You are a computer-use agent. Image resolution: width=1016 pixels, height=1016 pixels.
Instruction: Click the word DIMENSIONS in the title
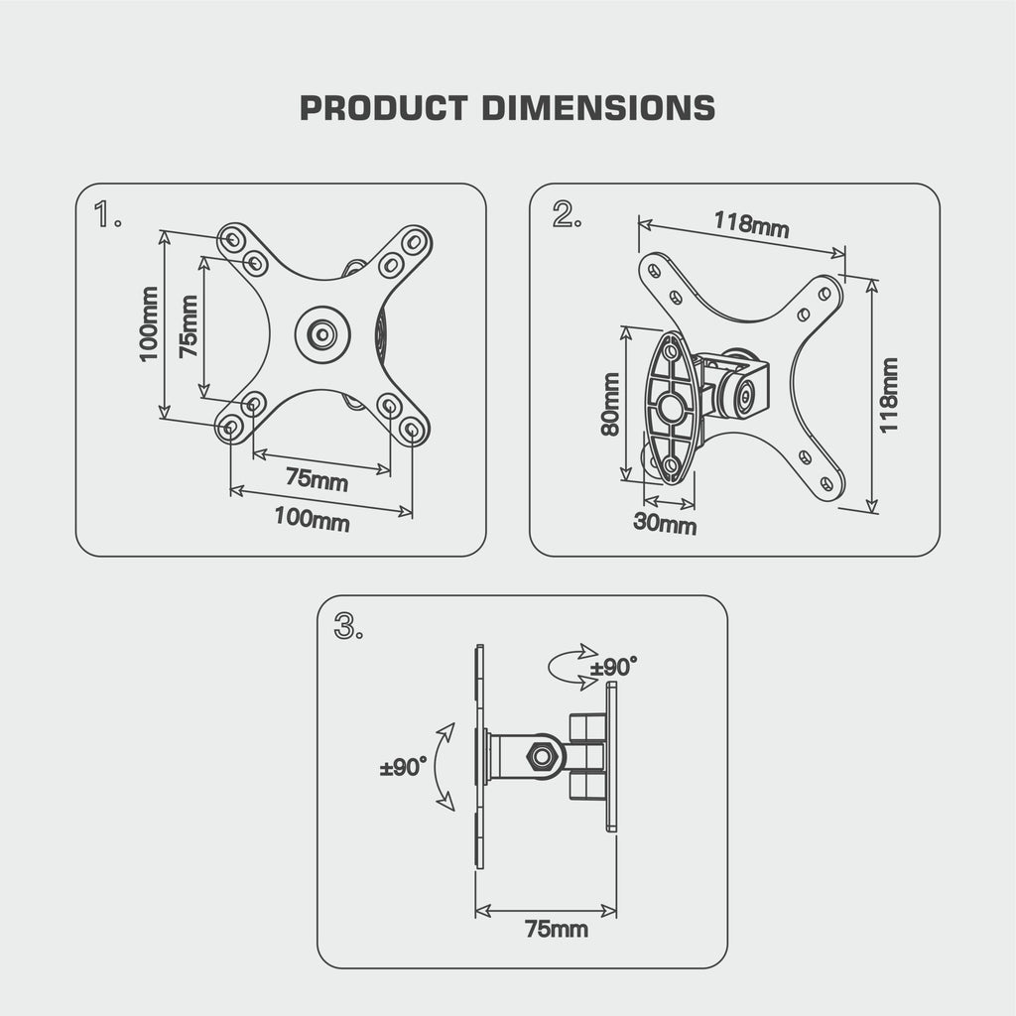click(598, 107)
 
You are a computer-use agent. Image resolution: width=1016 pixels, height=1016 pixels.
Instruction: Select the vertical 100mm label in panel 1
click(149, 324)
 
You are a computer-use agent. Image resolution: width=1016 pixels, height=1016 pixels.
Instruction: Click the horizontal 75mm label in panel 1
click(317, 478)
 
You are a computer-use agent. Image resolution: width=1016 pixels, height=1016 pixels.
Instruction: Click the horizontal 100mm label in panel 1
click(312, 517)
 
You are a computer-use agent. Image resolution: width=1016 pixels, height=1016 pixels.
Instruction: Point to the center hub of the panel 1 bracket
click(321, 333)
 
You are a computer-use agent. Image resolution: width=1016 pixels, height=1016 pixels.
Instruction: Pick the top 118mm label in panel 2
click(751, 225)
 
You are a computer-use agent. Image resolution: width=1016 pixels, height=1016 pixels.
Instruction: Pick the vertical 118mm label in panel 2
click(889, 394)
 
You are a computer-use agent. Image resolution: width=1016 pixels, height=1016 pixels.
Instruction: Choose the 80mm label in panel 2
click(609, 404)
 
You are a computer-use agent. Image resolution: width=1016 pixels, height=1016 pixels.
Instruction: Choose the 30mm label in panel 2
click(665, 523)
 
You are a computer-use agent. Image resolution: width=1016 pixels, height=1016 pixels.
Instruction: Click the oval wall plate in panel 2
click(671, 408)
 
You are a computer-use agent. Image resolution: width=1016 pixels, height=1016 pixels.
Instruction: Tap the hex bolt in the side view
click(542, 756)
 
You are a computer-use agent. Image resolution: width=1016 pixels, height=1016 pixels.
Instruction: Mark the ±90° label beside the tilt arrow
click(403, 768)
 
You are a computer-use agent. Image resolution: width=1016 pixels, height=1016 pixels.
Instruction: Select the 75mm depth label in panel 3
click(556, 930)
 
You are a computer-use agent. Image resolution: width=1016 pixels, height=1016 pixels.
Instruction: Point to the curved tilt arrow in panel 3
click(444, 768)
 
